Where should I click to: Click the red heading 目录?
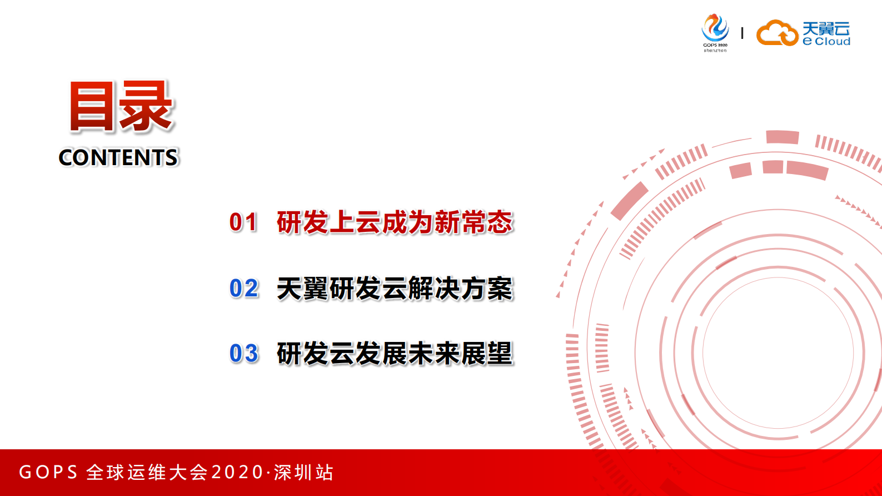pyautogui.click(x=121, y=107)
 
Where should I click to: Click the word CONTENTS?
pyautogui.click(x=118, y=157)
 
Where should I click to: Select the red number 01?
pyautogui.click(x=243, y=222)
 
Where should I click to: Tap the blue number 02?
pyautogui.click(x=244, y=289)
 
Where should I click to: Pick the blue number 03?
pyautogui.click(x=244, y=354)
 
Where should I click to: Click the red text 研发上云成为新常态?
pyautogui.click(x=395, y=222)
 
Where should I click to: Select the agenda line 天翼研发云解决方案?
pyautogui.click(x=395, y=289)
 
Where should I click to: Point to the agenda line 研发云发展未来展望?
pyautogui.click(x=395, y=354)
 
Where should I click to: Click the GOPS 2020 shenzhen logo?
pyautogui.click(x=715, y=33)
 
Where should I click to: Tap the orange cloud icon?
pyautogui.click(x=777, y=33)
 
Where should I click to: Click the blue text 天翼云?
pyautogui.click(x=826, y=28)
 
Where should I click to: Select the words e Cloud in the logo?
pyautogui.click(x=826, y=42)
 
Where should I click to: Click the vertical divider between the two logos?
pyautogui.click(x=743, y=33)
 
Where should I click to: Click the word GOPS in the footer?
pyautogui.click(x=48, y=472)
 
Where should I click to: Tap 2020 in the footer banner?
pyautogui.click(x=237, y=472)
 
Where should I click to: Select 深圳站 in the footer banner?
pyautogui.click(x=303, y=472)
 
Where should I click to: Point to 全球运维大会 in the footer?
pyautogui.click(x=147, y=472)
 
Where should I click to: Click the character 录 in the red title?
pyautogui.click(x=147, y=107)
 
